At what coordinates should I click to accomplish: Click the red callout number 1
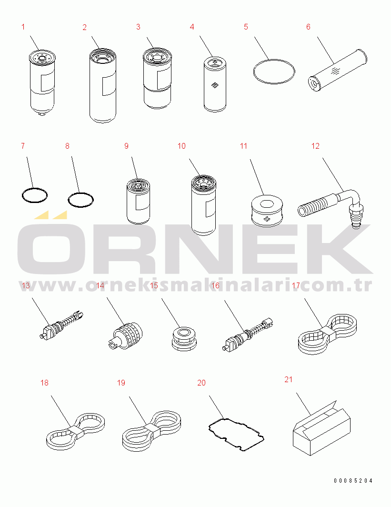(23, 27)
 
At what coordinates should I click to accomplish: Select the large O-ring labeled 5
(274, 60)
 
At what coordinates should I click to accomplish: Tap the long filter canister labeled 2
(103, 85)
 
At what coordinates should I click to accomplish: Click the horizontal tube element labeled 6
(337, 70)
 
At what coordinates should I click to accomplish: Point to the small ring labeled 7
(35, 188)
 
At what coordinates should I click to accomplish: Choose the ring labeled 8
(81, 193)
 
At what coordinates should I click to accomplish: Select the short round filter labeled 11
(267, 211)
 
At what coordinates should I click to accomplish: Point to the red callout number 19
(121, 383)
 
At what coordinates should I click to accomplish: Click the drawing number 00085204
(353, 480)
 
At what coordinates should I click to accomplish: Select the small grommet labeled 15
(184, 339)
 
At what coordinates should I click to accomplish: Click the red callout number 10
(181, 146)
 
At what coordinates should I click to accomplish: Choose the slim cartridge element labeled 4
(215, 84)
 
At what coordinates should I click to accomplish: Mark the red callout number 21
(289, 380)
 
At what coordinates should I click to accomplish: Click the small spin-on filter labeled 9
(138, 202)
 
